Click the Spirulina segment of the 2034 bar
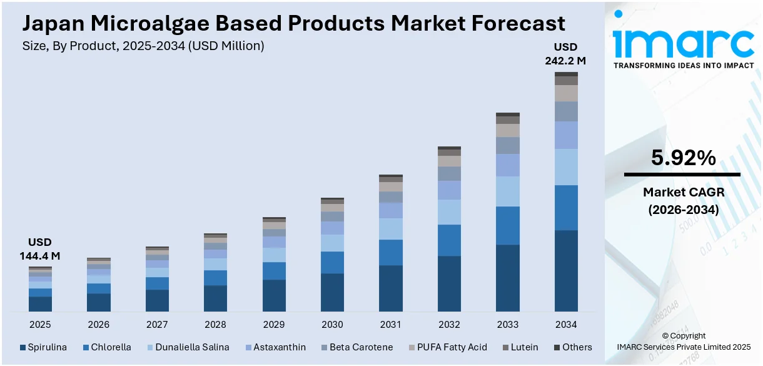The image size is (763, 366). coord(566,270)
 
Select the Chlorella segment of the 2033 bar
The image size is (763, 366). coord(508,225)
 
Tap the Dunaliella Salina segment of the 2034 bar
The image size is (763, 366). coord(566,167)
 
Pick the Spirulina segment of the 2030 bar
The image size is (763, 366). coord(332,292)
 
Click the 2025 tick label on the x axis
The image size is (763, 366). coord(40,325)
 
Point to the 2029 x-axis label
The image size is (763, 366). coord(274,325)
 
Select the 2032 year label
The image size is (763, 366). coord(449,325)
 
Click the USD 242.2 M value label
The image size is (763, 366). coord(565,54)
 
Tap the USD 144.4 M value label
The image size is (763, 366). coord(40,249)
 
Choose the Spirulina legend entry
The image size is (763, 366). coord(43,347)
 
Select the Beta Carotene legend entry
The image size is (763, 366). coord(356,347)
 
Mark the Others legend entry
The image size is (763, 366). coord(572,347)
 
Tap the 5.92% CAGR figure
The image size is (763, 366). coord(683,158)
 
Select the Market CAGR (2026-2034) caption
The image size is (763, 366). coord(683,201)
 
